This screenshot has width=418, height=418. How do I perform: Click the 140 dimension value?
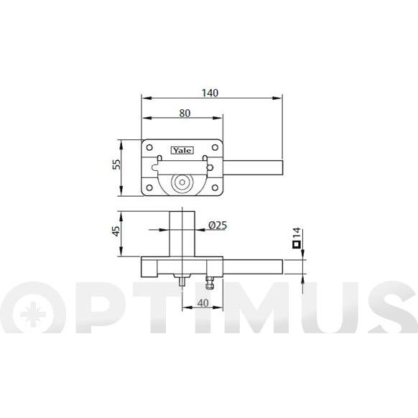[210, 93]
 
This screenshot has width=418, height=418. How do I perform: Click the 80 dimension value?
[185, 113]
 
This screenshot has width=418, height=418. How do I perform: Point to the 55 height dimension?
[116, 164]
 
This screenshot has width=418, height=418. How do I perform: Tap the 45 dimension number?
[116, 231]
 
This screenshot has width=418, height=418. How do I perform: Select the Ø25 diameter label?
[218, 226]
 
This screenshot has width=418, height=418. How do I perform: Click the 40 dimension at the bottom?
[203, 303]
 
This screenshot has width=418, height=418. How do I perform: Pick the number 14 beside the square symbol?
[297, 233]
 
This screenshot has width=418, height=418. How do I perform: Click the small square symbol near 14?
[297, 244]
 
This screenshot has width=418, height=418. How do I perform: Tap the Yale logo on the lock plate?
[182, 151]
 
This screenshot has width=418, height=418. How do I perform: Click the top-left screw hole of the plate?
[149, 147]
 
